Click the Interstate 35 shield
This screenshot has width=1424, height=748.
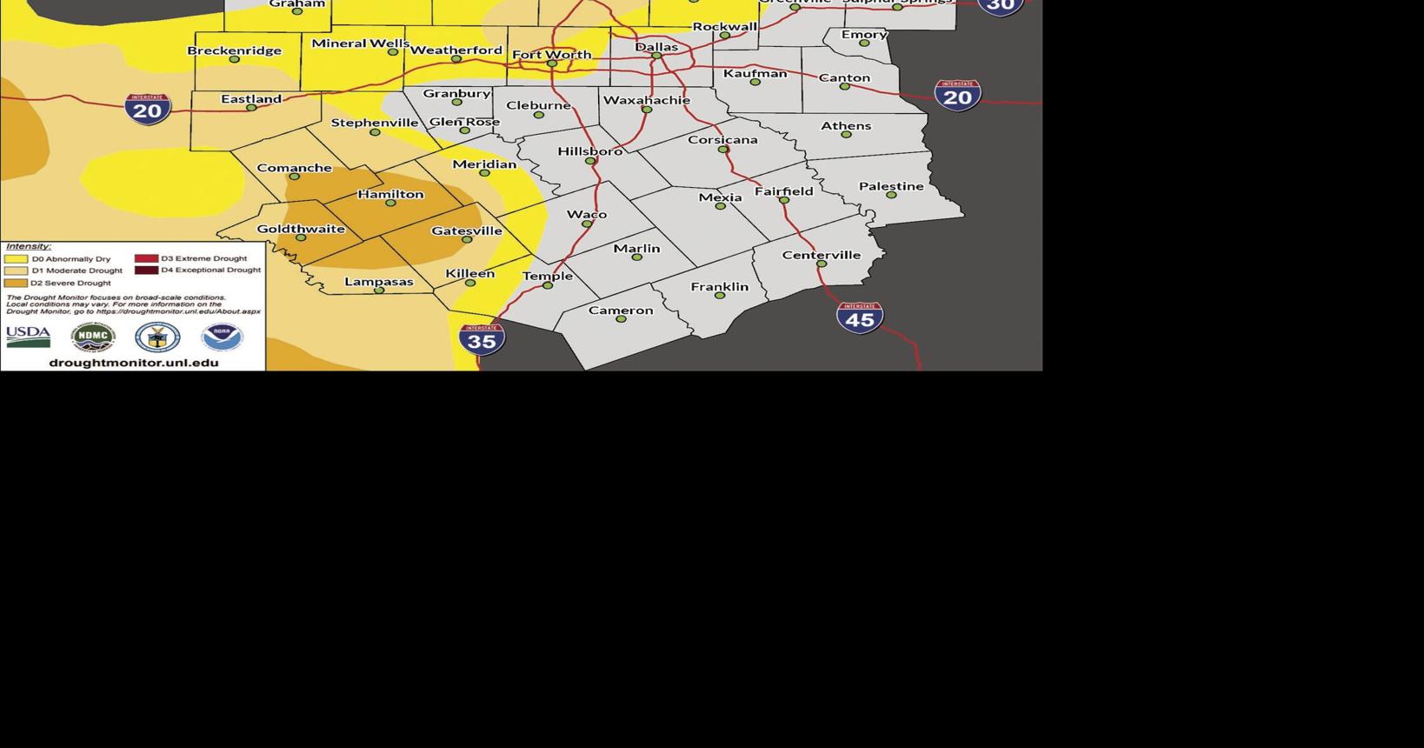[482, 338]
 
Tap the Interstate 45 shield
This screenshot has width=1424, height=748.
[860, 317]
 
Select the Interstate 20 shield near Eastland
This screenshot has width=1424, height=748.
[147, 109]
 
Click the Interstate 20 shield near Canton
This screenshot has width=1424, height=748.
[957, 95]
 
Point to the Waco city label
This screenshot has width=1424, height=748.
[587, 214]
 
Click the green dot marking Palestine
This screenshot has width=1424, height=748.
[891, 195]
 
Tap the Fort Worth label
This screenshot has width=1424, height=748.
[551, 54]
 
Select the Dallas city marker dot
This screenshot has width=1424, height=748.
[656, 56]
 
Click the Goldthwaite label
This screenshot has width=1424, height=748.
[301, 229]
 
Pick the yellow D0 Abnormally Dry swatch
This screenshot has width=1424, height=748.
[16, 259]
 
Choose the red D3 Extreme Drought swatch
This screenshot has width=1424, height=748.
[146, 258]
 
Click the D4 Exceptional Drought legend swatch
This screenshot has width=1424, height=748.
[146, 270]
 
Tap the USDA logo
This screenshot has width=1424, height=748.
[28, 337]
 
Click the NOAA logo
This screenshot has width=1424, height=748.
[222, 337]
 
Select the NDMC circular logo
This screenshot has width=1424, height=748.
[93, 337]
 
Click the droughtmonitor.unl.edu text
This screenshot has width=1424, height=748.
[134, 363]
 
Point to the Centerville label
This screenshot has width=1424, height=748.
[821, 255]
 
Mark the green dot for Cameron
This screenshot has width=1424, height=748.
[621, 319]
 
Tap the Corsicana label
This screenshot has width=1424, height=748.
[722, 139]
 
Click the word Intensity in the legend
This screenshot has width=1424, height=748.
[28, 246]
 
